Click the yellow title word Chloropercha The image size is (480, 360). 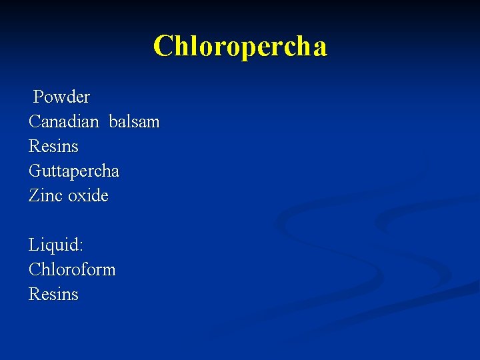point(240,47)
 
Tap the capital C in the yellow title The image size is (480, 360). point(162,47)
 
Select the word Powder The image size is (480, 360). point(61,97)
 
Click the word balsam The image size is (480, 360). point(134,122)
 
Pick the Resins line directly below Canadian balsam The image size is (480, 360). point(53,147)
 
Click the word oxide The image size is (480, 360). point(87,196)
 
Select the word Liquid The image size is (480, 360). point(54,245)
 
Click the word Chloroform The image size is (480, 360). point(72,270)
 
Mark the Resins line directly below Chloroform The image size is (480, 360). point(53,294)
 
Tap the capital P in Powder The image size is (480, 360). point(39,97)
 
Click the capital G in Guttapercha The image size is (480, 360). point(35,171)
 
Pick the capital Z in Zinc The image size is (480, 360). point(34,196)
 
